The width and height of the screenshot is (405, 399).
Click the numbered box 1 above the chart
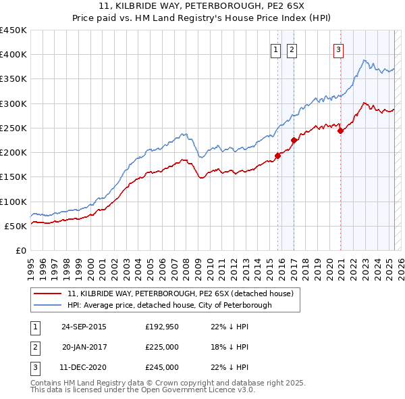pos(276,49)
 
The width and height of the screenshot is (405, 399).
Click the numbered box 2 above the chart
pos(292,49)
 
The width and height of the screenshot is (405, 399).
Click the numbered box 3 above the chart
pos(337,49)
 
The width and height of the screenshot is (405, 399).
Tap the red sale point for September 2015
pos(277,156)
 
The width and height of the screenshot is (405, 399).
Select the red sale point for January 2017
pos(294,141)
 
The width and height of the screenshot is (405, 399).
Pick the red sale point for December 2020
pos(340,131)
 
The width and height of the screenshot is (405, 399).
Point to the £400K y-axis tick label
pos(13,55)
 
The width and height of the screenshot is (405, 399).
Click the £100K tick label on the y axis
pos(13,202)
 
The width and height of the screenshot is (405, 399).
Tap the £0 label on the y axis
pos(20,250)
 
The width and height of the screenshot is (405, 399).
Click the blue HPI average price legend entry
pos(169,306)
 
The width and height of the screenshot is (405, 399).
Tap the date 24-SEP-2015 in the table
pos(84,327)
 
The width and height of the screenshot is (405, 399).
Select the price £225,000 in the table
pos(162,347)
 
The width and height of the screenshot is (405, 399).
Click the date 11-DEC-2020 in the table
pos(84,367)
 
